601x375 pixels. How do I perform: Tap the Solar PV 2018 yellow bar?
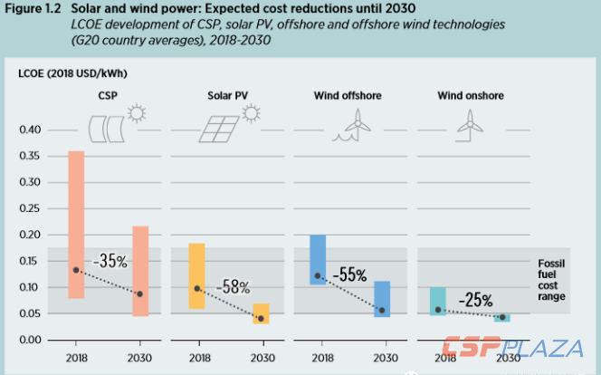[x=196, y=275]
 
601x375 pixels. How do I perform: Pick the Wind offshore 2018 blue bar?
[x=318, y=259]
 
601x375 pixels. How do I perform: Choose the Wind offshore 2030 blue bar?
[x=382, y=299]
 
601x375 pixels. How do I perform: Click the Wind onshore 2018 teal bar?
[x=437, y=301]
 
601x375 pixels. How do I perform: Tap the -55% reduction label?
[x=350, y=273]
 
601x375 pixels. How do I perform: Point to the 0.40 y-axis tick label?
[x=30, y=130]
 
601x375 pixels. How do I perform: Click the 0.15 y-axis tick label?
[x=30, y=262]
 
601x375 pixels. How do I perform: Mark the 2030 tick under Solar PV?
[x=261, y=358]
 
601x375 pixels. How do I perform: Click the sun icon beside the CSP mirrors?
[x=137, y=114]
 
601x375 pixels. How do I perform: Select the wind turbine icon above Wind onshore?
[x=469, y=123]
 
